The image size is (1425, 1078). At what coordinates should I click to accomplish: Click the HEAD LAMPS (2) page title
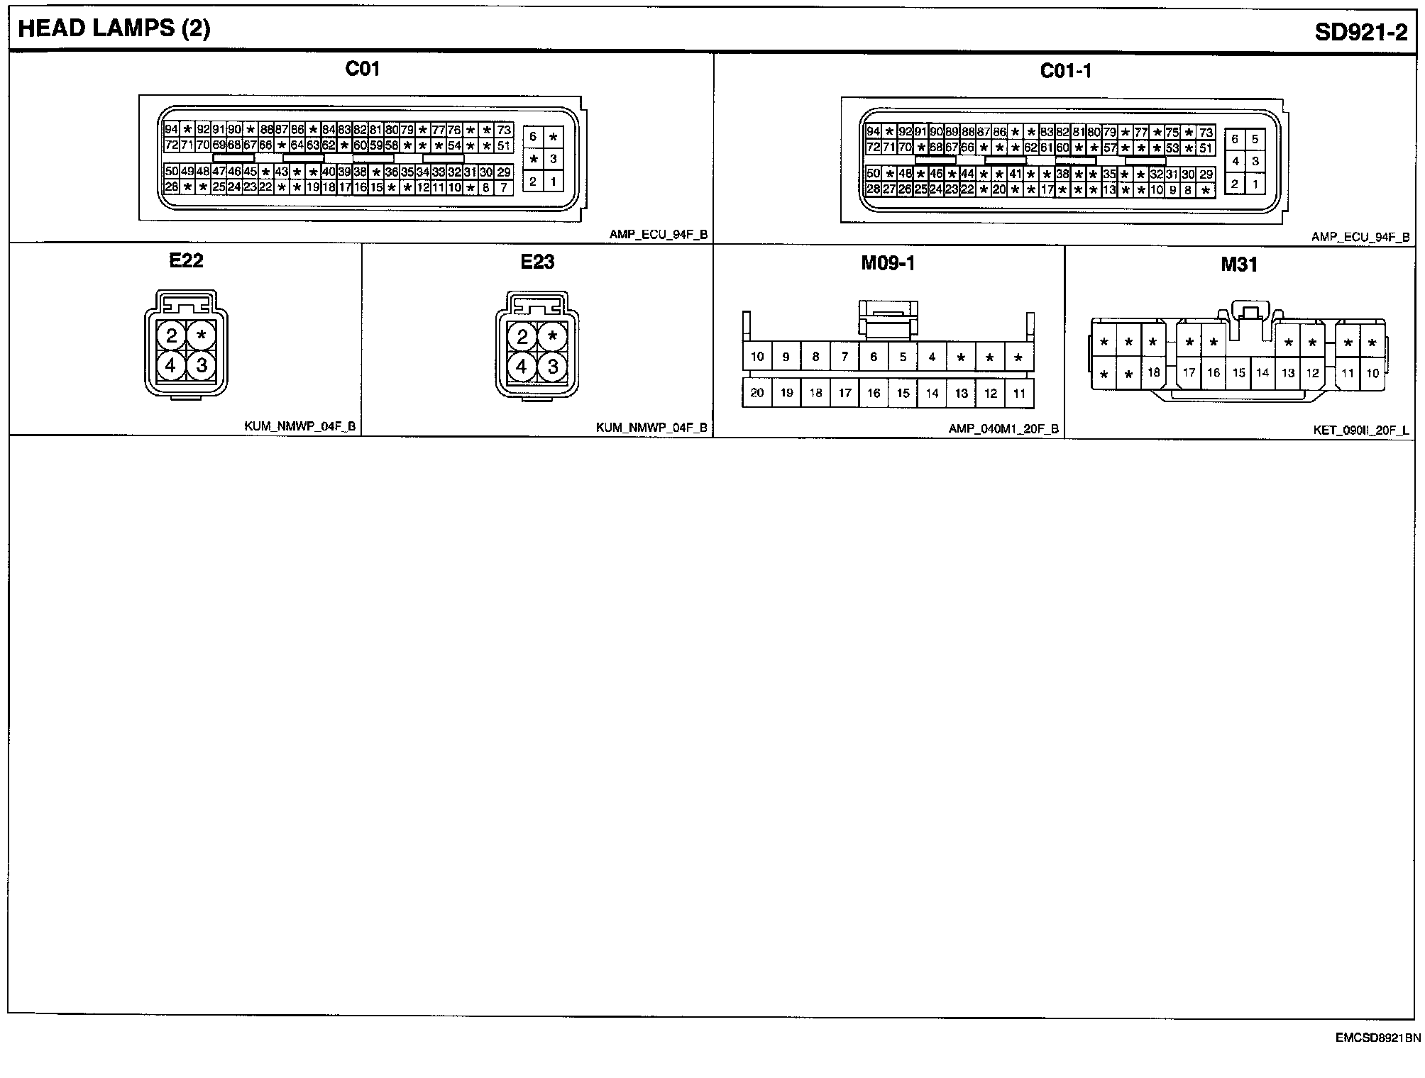[114, 29]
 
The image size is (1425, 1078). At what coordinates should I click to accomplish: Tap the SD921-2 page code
[1360, 33]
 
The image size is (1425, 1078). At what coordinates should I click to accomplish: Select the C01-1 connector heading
[1065, 71]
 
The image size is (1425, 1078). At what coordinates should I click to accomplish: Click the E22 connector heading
[186, 261]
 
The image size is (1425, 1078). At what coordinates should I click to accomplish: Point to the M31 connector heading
[1239, 265]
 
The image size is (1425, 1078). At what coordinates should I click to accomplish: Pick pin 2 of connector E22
[171, 335]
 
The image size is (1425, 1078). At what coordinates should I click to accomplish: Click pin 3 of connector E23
[553, 367]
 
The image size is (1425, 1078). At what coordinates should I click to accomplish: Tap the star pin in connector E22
[202, 335]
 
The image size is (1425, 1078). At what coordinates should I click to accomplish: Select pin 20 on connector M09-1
[756, 393]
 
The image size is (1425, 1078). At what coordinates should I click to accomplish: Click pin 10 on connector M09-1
[756, 357]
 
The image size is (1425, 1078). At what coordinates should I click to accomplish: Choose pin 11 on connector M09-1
[1019, 393]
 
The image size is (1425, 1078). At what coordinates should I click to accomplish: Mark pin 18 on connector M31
[1153, 372]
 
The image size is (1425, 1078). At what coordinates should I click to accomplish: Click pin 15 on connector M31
[1238, 372]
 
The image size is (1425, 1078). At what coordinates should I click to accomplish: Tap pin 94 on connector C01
[171, 129]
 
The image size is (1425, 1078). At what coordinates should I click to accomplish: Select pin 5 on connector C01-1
[1255, 139]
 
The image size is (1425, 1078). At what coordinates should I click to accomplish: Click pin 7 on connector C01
[503, 188]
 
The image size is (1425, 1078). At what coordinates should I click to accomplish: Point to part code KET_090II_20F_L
[1361, 430]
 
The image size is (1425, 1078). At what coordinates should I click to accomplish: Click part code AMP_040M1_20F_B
[1003, 429]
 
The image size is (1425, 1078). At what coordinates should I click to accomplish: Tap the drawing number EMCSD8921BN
[1377, 1038]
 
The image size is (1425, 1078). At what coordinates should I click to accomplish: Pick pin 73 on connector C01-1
[1206, 133]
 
